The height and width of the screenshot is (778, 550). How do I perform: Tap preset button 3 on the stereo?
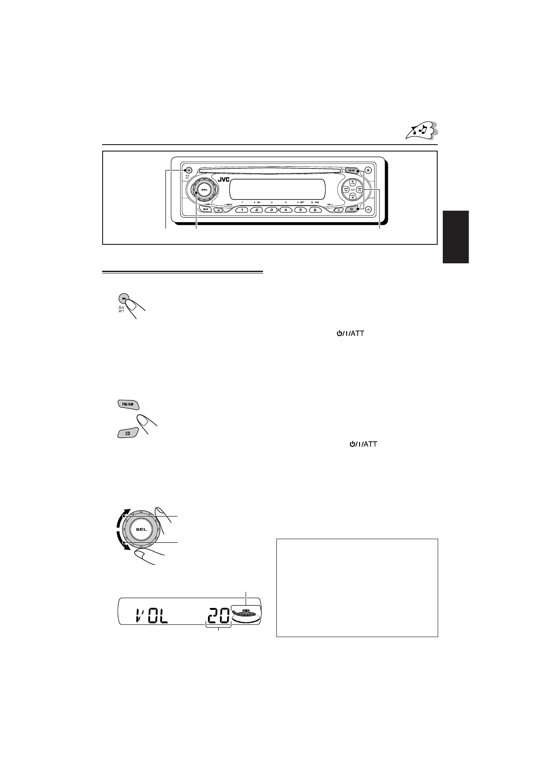coord(272,210)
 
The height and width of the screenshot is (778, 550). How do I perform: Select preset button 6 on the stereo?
coord(315,210)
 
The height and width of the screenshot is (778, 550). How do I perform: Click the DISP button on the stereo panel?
coord(206,209)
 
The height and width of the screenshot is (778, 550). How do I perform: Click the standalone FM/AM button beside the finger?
coord(127,404)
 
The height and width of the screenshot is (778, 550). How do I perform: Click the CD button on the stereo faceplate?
coord(351,209)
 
